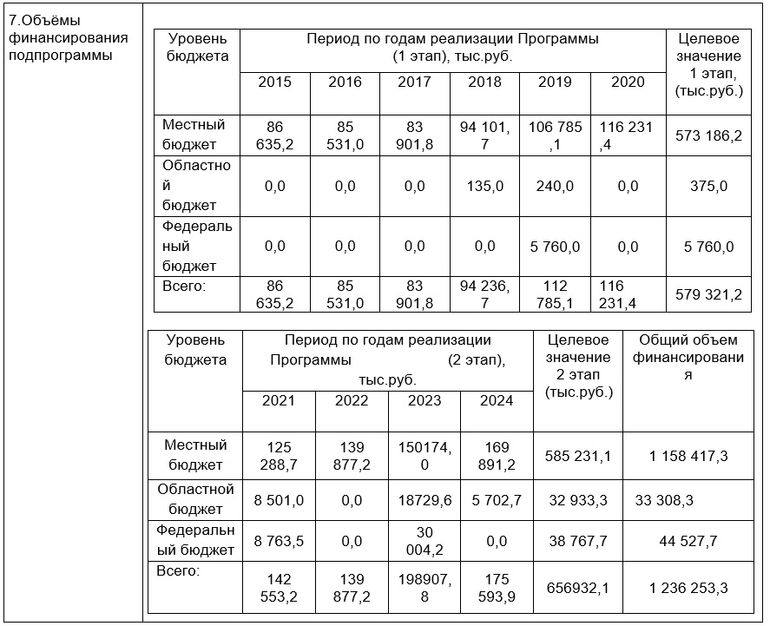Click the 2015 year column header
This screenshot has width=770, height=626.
pyautogui.click(x=274, y=82)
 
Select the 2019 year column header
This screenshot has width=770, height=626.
pyautogui.click(x=555, y=82)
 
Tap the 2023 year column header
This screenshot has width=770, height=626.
pyautogui.click(x=424, y=400)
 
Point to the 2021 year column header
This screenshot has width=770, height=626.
pyautogui.click(x=278, y=400)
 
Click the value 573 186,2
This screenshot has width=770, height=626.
pyautogui.click(x=708, y=135)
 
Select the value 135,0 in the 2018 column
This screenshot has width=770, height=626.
pyautogui.click(x=484, y=186)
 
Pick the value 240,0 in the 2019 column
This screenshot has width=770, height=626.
pyautogui.click(x=555, y=186)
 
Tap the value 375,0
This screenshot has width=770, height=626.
pyautogui.click(x=708, y=186)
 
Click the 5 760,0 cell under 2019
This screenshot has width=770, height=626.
pyautogui.click(x=555, y=247)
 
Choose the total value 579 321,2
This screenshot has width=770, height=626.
pyautogui.click(x=708, y=295)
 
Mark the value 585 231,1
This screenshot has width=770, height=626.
pyautogui.click(x=578, y=455)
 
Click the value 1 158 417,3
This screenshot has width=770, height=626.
pyautogui.click(x=688, y=455)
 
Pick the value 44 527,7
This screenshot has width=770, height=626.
pyautogui.click(x=688, y=541)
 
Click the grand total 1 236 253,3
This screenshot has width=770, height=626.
pyautogui.click(x=688, y=588)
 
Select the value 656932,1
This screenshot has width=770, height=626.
pyautogui.click(x=578, y=588)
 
